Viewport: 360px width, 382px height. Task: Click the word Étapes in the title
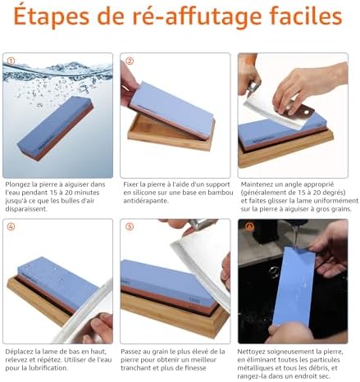pyautogui.click(x=52, y=16)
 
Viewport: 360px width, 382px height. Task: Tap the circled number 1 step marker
pyautogui.click(x=11, y=61)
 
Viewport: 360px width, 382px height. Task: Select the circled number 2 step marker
pyautogui.click(x=130, y=61)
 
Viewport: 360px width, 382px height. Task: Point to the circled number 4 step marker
pyautogui.click(x=11, y=226)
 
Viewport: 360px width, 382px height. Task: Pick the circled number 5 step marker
pyautogui.click(x=130, y=226)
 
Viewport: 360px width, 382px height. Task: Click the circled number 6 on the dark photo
pyautogui.click(x=249, y=226)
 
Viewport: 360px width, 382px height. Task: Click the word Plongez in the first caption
pyautogui.click(x=17, y=184)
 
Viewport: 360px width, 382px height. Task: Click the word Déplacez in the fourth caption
pyautogui.click(x=19, y=352)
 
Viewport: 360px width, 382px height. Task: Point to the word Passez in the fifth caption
pyautogui.click(x=130, y=352)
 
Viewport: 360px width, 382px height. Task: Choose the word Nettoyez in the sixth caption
pyautogui.click(x=251, y=352)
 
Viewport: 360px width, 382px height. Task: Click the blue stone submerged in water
pyautogui.click(x=55, y=128)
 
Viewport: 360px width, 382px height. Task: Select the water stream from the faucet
pyautogui.click(x=296, y=236)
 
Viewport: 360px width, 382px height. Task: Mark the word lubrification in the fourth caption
pyautogui.click(x=50, y=368)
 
